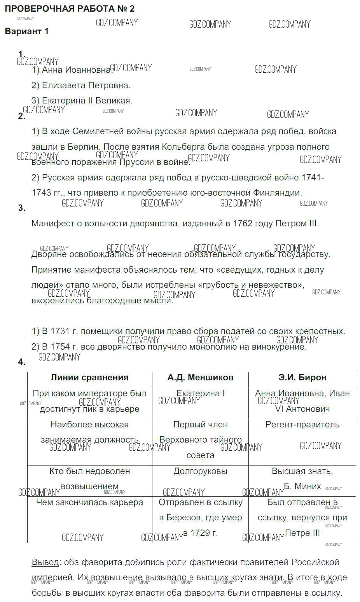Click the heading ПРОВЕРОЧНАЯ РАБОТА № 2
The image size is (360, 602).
pyautogui.click(x=70, y=9)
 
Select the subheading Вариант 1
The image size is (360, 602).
pyautogui.click(x=27, y=31)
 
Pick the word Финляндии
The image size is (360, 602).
pyautogui.click(x=277, y=193)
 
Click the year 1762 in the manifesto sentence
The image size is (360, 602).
pyautogui.click(x=243, y=224)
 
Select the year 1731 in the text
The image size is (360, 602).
pyautogui.click(x=60, y=331)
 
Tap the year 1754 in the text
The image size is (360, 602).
pyautogui.click(x=60, y=347)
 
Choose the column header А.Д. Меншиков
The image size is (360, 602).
pyautogui.click(x=200, y=378)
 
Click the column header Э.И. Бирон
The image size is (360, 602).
pyautogui.click(x=302, y=378)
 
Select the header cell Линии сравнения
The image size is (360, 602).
pyautogui.click(x=89, y=378)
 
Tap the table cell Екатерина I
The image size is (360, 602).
pyautogui.click(x=200, y=394)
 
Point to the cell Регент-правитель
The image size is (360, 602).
pyautogui.click(x=302, y=425)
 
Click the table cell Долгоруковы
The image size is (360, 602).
pyautogui.click(x=200, y=471)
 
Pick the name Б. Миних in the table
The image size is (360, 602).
pyautogui.click(x=302, y=486)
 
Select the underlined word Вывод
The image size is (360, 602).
pyautogui.click(x=45, y=562)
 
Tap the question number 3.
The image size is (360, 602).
pyautogui.click(x=21, y=208)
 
